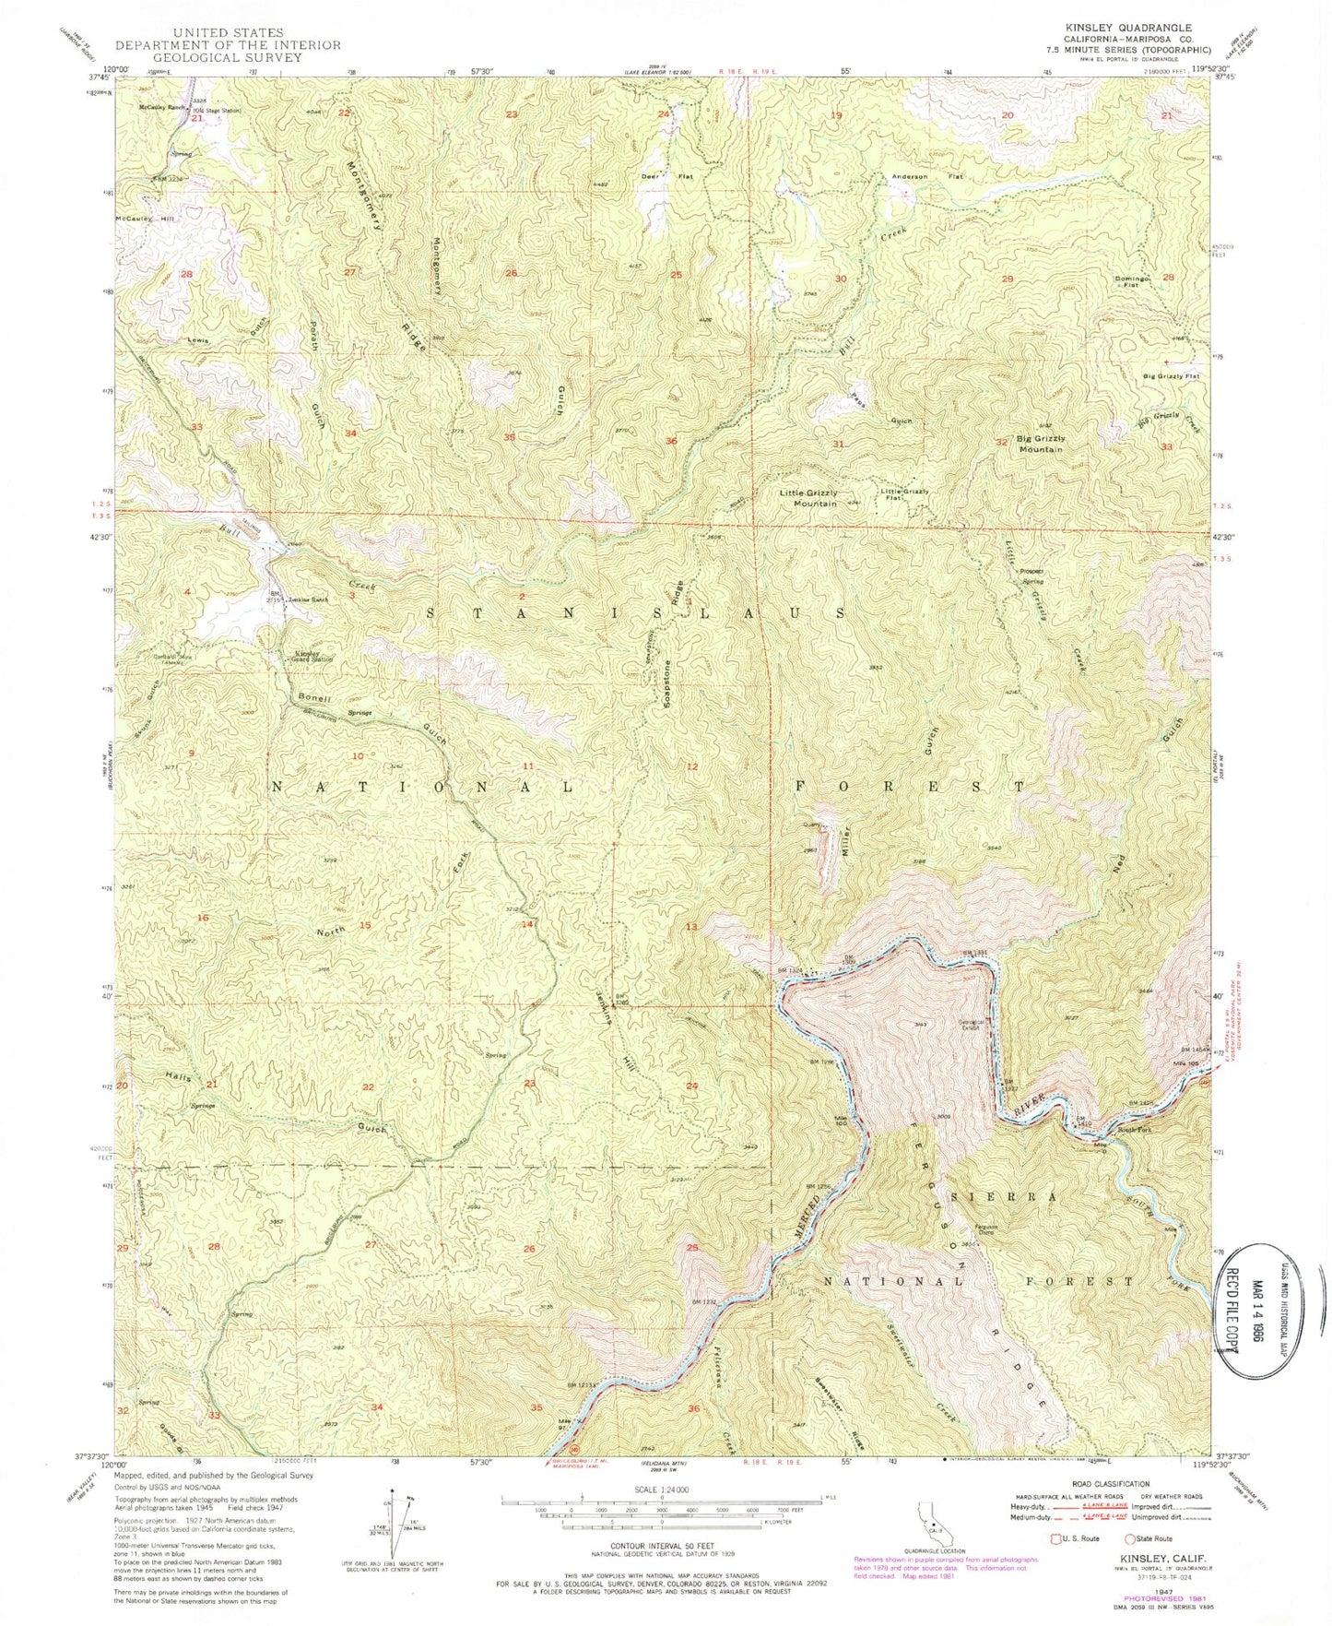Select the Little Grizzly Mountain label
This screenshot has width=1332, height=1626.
coord(808,498)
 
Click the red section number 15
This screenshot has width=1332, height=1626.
coord(365,925)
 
